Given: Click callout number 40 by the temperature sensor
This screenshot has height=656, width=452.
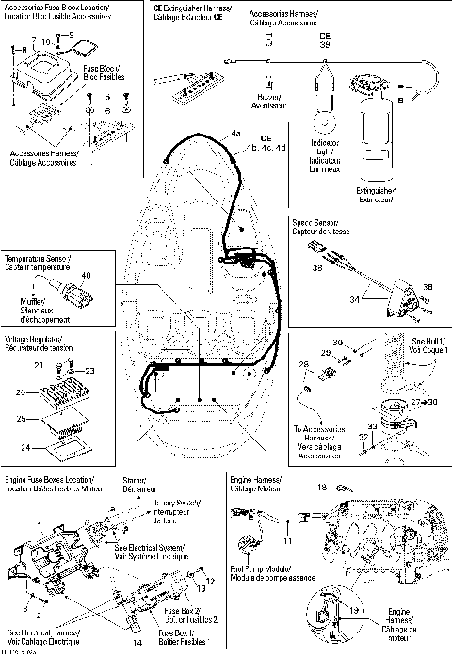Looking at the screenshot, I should (x=87, y=275).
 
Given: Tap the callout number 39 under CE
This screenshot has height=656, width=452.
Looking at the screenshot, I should (x=325, y=44).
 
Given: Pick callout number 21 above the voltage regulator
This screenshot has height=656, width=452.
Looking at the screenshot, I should (x=40, y=363).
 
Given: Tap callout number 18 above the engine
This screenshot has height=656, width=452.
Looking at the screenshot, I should (x=322, y=487).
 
